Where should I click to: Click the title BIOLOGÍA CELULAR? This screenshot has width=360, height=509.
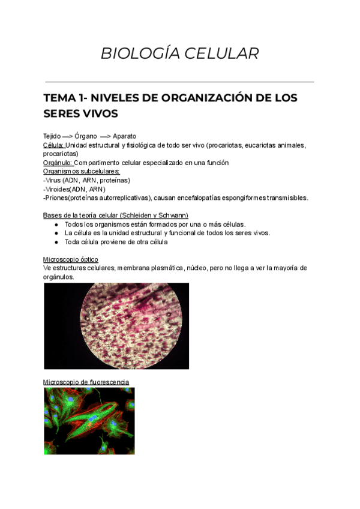[x=179, y=53]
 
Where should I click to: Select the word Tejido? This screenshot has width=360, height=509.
[x=52, y=136]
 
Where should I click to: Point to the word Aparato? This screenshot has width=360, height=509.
[x=124, y=136]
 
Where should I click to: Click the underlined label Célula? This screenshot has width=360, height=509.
[x=53, y=145]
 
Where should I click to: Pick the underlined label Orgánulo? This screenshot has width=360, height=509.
[x=58, y=163]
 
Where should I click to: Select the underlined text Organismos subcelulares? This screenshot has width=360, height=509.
[x=77, y=171]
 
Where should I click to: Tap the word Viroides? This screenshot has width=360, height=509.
[x=58, y=189]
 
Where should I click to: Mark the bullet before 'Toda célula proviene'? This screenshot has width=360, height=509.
[x=55, y=242]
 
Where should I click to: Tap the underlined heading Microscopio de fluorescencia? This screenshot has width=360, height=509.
[x=86, y=382]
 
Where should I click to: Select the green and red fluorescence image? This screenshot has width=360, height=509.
[x=89, y=420]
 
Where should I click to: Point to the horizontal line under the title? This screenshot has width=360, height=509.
[x=179, y=82]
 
